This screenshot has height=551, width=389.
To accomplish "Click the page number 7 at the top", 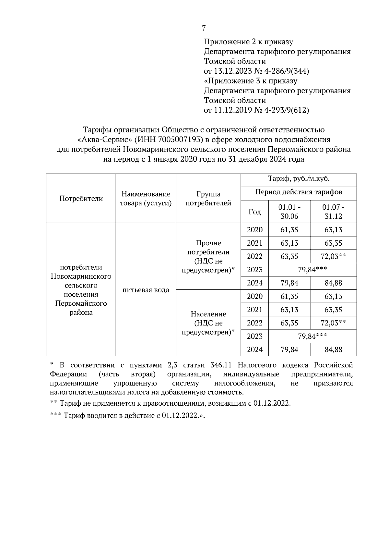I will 204,28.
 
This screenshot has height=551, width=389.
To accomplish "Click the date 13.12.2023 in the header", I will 231,71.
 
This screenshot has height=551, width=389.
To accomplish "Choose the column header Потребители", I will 81,199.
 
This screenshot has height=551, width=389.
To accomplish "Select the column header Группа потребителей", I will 208,199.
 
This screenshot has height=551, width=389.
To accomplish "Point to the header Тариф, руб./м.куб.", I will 298,179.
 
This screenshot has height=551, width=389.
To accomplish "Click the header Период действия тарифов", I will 298,192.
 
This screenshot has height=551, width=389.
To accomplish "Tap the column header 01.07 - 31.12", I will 333,212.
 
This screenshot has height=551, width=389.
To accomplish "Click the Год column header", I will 254,212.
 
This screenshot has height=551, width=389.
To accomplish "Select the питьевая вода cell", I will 146,290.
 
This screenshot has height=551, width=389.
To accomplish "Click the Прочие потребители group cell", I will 208,256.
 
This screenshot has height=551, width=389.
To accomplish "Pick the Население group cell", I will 208,323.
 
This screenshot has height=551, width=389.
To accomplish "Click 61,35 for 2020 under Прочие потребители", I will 289,230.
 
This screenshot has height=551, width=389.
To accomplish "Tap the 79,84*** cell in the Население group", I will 312,336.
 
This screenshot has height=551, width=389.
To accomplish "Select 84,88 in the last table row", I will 333,349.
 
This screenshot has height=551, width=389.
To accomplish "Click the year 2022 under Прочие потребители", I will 254,256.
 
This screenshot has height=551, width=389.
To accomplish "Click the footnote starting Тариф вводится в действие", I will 128,415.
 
